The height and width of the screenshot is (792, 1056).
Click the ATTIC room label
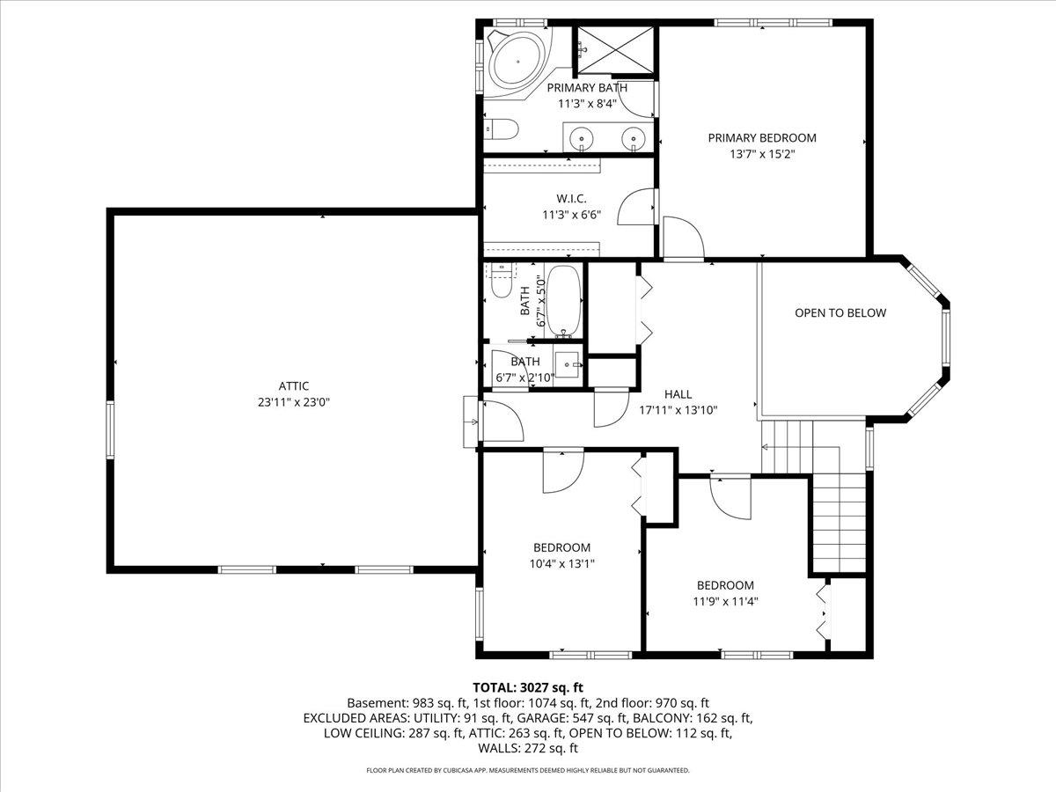tap(294, 385)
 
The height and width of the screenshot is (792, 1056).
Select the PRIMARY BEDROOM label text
tap(762, 137)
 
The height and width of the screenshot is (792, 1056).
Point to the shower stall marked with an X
tap(615, 49)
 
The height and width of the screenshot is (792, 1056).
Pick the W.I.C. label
tap(571, 198)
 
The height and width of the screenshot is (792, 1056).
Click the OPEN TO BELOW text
tap(840, 312)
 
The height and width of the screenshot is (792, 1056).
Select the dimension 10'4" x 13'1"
tap(561, 564)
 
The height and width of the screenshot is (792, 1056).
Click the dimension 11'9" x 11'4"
tap(725, 602)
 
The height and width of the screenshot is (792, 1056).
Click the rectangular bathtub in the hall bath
tap(561, 300)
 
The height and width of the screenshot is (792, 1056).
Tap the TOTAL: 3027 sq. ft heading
tap(528, 686)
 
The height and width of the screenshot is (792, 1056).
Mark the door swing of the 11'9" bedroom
tap(729, 497)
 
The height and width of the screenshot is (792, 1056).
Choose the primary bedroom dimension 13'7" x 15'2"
tap(762, 153)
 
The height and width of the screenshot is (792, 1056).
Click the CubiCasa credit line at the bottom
tap(528, 770)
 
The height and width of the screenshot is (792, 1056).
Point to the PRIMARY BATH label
tap(587, 87)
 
